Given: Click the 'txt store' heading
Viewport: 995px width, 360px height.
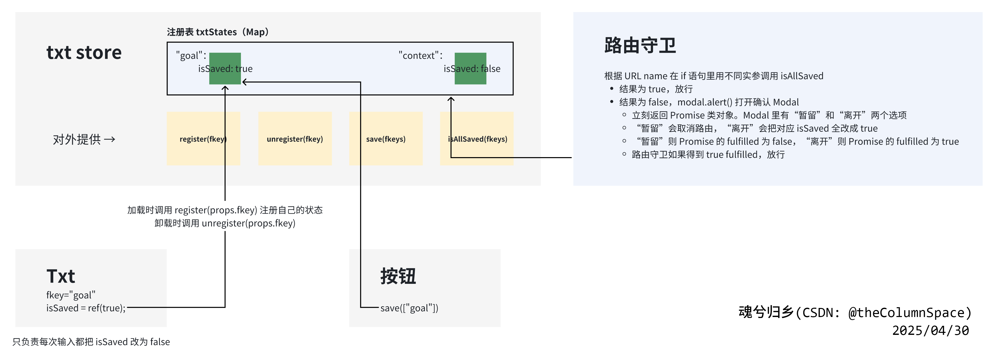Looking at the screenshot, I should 84,53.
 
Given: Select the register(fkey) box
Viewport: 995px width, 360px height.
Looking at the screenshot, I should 203,139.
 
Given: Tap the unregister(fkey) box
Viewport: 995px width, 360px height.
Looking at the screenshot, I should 295,139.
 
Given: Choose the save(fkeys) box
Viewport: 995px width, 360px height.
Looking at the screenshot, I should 385,139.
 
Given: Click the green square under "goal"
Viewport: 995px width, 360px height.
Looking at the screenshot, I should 225,68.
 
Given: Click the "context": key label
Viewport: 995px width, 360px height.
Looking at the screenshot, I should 420,56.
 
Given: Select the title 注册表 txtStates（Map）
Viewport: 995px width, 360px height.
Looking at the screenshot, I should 217,32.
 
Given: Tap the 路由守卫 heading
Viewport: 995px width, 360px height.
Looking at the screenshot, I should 640,45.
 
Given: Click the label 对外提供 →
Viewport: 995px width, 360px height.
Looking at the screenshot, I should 84,140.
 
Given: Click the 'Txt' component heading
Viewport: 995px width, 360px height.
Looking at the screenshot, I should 61,276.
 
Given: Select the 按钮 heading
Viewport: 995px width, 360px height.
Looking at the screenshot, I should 398,276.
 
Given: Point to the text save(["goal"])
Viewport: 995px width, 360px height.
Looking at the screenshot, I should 409,308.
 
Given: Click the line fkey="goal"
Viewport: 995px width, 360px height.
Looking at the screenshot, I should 71,295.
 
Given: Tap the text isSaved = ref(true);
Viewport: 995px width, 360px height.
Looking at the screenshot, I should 86,308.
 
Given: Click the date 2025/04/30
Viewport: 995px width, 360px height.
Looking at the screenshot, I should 930,331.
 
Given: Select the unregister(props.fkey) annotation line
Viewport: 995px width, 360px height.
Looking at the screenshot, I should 225,223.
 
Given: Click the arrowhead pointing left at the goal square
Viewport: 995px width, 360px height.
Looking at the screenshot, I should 244,82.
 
